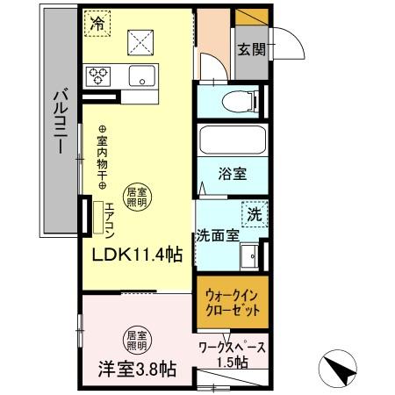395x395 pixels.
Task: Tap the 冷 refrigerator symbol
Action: tap(96, 25)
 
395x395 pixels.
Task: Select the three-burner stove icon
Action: tap(97, 75)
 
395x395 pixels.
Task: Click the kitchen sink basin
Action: tap(141, 76)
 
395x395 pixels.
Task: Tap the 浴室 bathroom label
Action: tap(233, 173)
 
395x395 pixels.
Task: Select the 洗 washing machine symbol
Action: tap(254, 213)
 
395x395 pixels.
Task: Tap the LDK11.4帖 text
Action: tap(139, 255)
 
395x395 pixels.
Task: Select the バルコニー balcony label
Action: tap(58, 123)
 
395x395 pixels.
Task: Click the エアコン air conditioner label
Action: tap(109, 216)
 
